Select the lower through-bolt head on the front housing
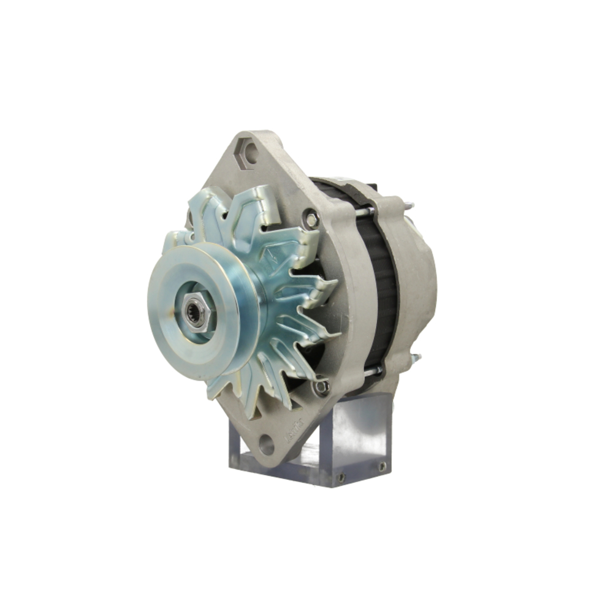click(322, 387)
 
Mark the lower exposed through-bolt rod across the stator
click(371, 371)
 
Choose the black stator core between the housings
click(380, 288)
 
